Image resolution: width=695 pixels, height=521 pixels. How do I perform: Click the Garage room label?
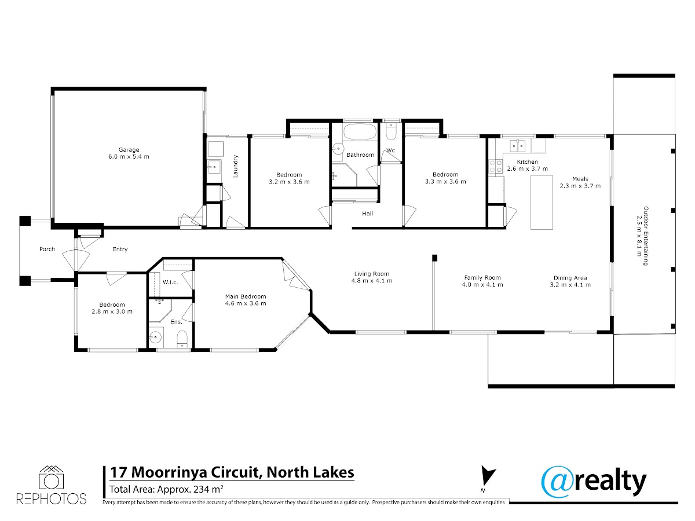129,149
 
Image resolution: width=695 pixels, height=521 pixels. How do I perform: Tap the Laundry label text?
235,166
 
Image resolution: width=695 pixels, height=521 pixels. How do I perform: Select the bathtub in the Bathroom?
360,131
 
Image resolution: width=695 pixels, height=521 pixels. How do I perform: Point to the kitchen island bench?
542,203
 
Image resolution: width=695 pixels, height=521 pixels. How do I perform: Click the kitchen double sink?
517,146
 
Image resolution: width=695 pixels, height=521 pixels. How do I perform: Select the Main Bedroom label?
246,296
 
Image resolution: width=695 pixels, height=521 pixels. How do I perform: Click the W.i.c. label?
170,282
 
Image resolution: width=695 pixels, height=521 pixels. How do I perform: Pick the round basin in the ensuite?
155,337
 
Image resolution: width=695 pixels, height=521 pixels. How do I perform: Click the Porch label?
47,249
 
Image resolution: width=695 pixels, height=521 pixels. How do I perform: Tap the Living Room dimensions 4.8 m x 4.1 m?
372,281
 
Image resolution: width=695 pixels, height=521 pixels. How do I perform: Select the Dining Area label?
570,278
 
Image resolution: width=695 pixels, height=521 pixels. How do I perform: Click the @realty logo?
594,482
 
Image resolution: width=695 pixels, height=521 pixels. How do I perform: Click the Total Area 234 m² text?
167,489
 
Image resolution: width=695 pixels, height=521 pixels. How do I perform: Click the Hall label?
367,214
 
